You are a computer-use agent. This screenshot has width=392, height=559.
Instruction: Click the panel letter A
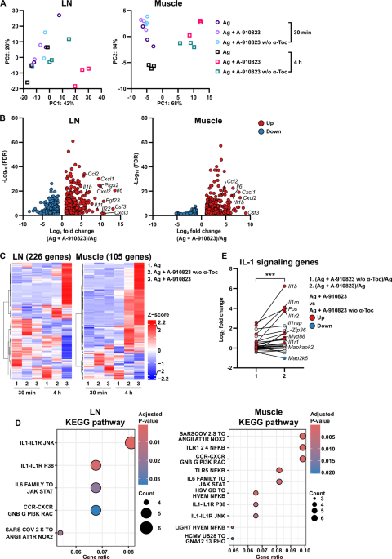click(x=5, y=6)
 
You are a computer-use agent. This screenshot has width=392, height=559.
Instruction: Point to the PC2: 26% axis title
click(x=5, y=48)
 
